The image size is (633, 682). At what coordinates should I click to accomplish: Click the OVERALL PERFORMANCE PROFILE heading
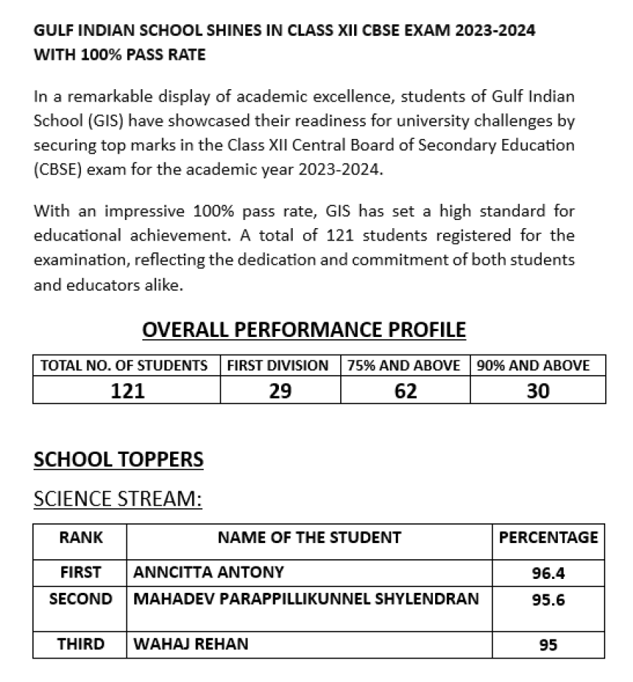coord(304,330)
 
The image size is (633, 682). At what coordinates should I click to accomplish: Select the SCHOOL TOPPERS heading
coord(118,460)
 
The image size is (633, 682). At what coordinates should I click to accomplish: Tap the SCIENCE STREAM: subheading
coord(118,499)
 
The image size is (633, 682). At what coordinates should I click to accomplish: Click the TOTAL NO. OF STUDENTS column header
coord(124,365)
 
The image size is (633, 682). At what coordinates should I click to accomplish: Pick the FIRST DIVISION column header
coord(277,365)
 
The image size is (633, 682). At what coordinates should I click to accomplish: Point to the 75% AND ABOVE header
coord(404,365)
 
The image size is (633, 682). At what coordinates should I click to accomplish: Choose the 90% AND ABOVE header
coord(533,365)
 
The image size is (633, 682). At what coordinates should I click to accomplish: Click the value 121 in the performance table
coord(127,391)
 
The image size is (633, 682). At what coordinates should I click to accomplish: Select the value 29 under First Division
coord(280,391)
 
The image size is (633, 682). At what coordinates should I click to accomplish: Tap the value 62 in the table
coord(405,391)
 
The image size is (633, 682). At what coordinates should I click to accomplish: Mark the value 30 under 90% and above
coord(538,391)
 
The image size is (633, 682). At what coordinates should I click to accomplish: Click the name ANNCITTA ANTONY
coord(209,572)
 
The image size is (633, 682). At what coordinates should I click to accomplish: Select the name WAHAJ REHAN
coord(191,644)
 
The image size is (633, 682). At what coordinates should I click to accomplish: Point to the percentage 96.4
coord(548,573)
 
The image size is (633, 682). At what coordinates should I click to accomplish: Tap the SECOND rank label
coord(80,599)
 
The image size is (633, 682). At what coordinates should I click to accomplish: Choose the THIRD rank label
coord(80,644)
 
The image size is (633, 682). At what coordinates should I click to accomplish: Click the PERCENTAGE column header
coord(548,538)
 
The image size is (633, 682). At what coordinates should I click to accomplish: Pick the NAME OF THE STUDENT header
coord(309,538)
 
